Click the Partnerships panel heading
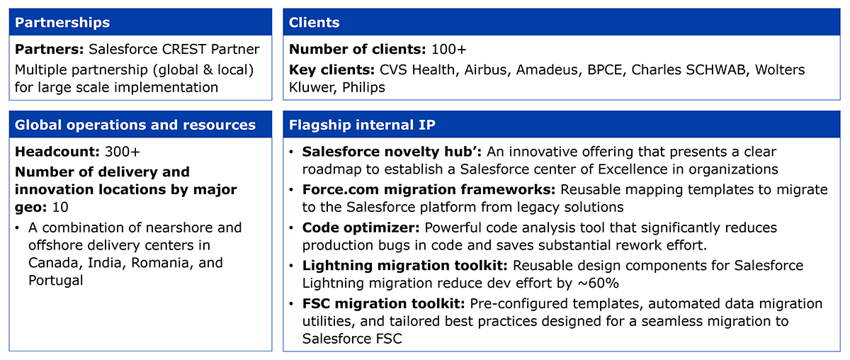point(62,23)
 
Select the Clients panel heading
point(314,23)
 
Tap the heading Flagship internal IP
point(362,125)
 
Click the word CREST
point(184,50)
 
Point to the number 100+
point(448,50)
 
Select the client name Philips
point(363,88)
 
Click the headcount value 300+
point(122,152)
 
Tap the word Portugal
point(55,281)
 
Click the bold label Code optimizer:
point(361,228)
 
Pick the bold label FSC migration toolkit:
point(384,304)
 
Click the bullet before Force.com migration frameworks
point(291,189)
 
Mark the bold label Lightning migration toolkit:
point(405,266)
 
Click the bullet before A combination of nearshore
point(17,228)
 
